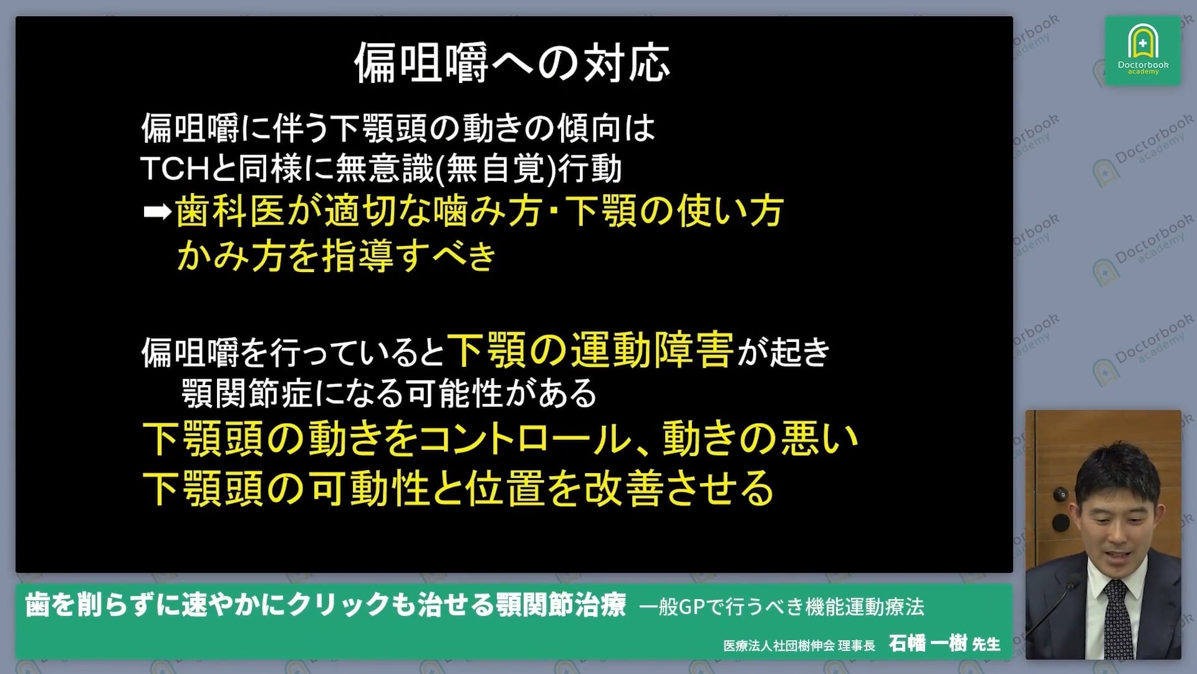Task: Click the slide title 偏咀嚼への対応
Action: [512, 63]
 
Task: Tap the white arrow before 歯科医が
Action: [156, 213]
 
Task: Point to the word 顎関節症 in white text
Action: [246, 394]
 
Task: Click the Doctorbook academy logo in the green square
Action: [1143, 51]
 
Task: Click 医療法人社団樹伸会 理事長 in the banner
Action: [799, 645]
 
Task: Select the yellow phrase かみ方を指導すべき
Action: [337, 256]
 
